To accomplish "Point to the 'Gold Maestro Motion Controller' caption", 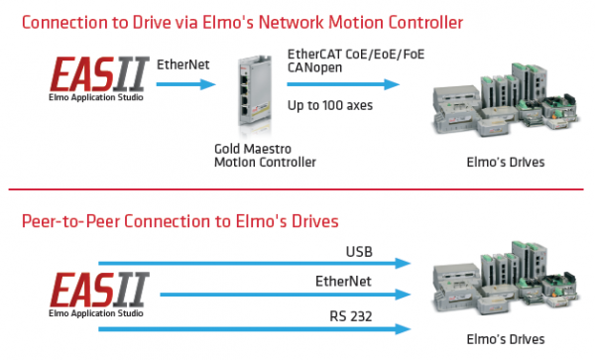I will [256, 155].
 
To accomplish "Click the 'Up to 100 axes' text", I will [330, 105].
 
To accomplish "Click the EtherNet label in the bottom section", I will [343, 282].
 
